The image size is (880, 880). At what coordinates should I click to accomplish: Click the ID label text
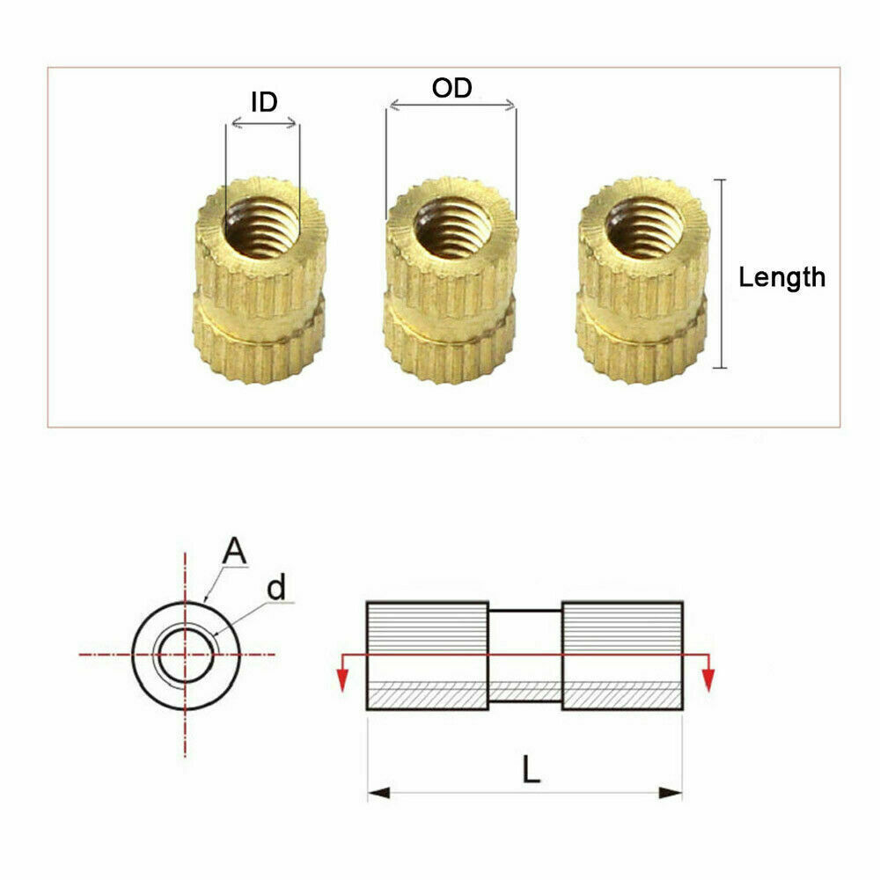[264, 102]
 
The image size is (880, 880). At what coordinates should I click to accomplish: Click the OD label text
[451, 88]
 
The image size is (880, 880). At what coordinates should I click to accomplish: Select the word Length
[781, 278]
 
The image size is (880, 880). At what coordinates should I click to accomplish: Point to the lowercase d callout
[276, 588]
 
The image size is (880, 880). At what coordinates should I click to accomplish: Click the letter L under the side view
[530, 771]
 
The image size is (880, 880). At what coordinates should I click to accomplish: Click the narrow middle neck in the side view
[524, 655]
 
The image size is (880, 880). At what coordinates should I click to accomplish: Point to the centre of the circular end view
[185, 655]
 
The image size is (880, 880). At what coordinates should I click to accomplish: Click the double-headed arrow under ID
[262, 125]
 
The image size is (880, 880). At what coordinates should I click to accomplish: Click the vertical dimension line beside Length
[722, 274]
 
